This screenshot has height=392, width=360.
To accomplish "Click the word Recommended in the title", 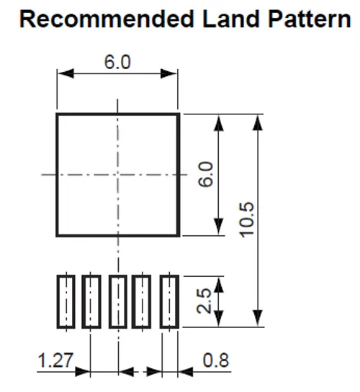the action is point(107,19).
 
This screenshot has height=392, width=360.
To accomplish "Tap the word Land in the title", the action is point(231,19).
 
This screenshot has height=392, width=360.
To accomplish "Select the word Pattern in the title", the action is point(310,19).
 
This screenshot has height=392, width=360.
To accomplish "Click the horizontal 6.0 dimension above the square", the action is point(117,62).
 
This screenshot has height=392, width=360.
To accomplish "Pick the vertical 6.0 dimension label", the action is point(206,174).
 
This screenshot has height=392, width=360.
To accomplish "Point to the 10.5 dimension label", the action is point(247,220).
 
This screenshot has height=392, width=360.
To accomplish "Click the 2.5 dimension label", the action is point(204,301).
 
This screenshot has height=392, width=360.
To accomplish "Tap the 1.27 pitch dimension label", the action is point(55,360).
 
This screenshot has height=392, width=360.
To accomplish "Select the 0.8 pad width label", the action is point(216,360).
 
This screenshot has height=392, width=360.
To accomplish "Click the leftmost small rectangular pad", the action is point(66,301).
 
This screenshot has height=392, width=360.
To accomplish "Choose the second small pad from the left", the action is point(91,301).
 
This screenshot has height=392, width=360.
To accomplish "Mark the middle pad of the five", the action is point(118,301).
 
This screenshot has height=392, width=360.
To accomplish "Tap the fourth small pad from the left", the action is point(142,301).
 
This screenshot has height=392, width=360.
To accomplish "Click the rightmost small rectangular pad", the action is point(169,301).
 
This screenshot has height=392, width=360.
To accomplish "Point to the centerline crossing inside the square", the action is point(117,175).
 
